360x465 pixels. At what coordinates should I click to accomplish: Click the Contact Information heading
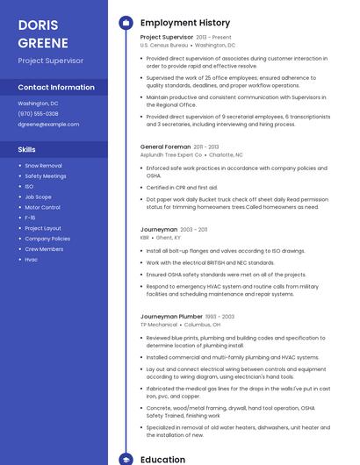[x=56, y=88]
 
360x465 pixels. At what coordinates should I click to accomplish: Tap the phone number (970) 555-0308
[x=38, y=113]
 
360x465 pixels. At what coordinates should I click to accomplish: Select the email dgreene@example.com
[x=48, y=124]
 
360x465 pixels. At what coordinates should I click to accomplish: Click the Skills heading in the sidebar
[x=27, y=149]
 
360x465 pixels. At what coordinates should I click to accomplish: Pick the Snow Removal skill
[x=43, y=165]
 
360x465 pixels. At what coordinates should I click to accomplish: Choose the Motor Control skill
[x=42, y=207]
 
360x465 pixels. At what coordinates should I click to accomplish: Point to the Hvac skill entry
[x=32, y=260]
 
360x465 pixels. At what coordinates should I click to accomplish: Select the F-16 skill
[x=30, y=218]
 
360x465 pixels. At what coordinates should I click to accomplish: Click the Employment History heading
[x=185, y=23]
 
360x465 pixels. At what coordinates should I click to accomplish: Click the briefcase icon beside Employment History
[x=126, y=23]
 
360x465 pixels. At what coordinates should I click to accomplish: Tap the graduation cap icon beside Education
[x=126, y=459]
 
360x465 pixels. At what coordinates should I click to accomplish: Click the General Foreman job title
[x=165, y=147]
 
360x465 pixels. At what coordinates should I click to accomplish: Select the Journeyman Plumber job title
[x=171, y=316]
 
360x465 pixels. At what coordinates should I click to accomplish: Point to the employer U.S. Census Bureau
[x=163, y=45]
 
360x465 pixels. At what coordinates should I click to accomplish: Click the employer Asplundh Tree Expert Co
[x=171, y=154]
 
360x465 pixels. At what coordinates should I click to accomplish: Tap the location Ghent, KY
[x=169, y=237]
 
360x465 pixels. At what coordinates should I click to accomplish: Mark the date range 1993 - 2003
[x=220, y=316]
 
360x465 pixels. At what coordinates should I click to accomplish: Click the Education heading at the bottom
[x=163, y=459]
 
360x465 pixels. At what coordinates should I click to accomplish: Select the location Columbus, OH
[x=203, y=324]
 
